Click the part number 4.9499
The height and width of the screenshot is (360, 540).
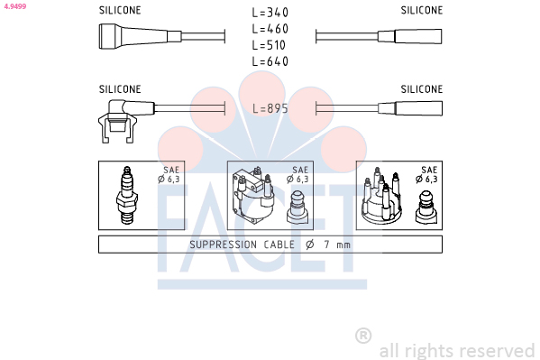(15, 6)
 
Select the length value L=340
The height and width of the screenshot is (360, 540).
(270, 13)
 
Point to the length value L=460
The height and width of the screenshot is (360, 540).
(270, 29)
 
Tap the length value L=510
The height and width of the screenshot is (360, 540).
(269, 45)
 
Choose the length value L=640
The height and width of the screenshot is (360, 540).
(270, 61)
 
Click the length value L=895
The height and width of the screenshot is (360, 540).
(270, 108)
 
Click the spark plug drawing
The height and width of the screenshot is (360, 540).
(127, 195)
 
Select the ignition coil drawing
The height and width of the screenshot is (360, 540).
(253, 196)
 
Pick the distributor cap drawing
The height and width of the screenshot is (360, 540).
(381, 195)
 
